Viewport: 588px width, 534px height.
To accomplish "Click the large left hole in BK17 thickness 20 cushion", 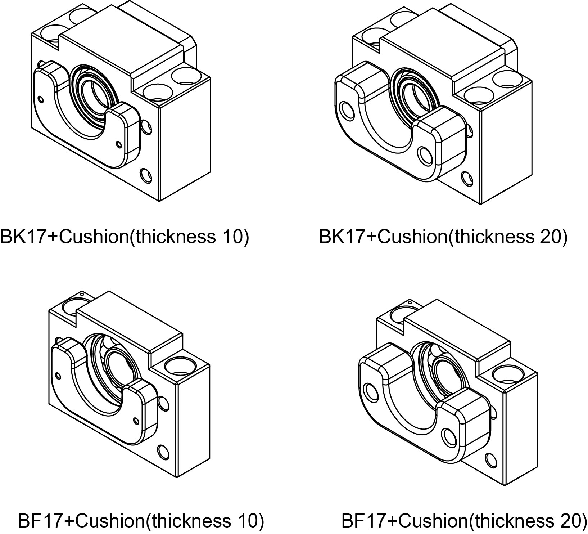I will (348, 111).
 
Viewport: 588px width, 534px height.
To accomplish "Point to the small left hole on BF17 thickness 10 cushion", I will (59, 377).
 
